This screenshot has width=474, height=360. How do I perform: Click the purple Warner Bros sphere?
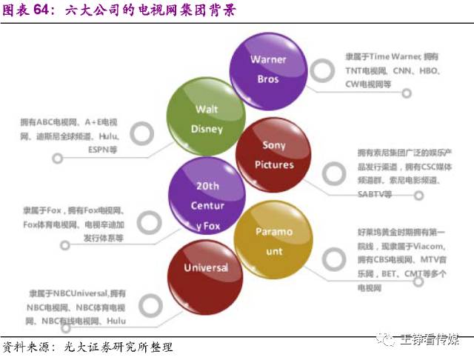pos(267,67)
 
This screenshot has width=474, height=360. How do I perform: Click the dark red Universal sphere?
pos(205,268)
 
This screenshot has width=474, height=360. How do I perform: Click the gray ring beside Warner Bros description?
pos(321,70)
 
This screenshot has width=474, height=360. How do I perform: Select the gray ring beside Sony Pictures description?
pos(334,175)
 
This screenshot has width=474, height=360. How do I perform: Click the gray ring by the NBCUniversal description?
pos(152,303)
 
